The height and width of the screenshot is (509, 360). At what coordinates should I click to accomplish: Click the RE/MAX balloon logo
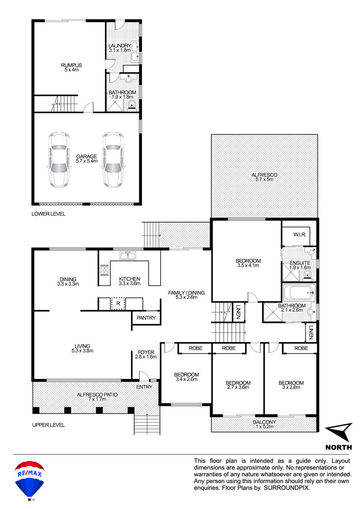pyautogui.click(x=30, y=480)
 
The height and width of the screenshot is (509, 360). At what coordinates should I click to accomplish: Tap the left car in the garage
pyautogui.click(x=59, y=160)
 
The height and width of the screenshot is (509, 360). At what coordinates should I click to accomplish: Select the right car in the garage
pyautogui.click(x=113, y=160)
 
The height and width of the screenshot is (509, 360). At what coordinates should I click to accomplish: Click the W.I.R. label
pyautogui.click(x=300, y=235)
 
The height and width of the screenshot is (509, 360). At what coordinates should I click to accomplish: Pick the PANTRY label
pyautogui.click(x=146, y=318)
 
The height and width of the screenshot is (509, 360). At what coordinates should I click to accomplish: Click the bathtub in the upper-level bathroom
pyautogui.click(x=299, y=293)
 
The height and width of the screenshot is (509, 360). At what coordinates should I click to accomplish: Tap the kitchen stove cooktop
pyautogui.click(x=104, y=270)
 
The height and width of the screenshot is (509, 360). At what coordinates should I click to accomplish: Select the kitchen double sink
pyautogui.click(x=128, y=256)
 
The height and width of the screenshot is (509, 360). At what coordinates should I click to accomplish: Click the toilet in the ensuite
pyautogui.click(x=308, y=274)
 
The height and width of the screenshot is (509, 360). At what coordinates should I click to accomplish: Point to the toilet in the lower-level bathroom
pyautogui.click(x=132, y=105)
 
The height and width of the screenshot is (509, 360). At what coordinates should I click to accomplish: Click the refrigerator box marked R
pyautogui.click(x=118, y=304)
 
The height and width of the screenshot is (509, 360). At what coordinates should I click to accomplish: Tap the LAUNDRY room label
pyautogui.click(x=120, y=46)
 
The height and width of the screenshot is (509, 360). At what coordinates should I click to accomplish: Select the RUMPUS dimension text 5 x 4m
pyautogui.click(x=72, y=70)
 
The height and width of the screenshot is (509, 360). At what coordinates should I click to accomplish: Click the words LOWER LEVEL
pyautogui.click(x=48, y=214)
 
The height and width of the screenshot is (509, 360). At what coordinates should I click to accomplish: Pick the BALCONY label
pyautogui.click(x=264, y=422)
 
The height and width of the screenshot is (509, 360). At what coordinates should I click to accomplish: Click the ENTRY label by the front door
pyautogui.click(x=144, y=387)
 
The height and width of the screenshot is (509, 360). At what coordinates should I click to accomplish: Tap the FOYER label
pyautogui.click(x=146, y=353)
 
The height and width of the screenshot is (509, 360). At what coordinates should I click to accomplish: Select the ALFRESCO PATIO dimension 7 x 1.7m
pyautogui.click(x=97, y=399)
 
